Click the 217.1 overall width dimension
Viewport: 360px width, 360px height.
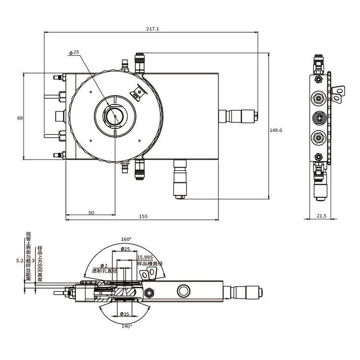[x=153, y=29]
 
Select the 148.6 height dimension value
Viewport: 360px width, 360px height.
[x=276, y=130]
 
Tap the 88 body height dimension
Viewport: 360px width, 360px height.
[x=20, y=118]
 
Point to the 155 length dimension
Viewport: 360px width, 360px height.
[x=143, y=216]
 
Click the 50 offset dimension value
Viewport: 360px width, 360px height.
[x=91, y=213]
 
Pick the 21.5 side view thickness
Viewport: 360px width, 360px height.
[x=322, y=216]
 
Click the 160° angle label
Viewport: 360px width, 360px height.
[x=126, y=239]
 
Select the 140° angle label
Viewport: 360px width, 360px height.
[x=127, y=326]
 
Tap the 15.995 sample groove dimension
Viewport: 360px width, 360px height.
[x=145, y=257]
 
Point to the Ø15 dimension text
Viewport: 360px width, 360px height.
[x=125, y=314]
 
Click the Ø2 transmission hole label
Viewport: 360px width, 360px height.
[x=104, y=265]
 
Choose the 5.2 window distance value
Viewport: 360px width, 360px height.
[x=20, y=261]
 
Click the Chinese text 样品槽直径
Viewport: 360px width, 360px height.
[x=150, y=264]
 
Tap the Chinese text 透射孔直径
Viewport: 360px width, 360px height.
[x=105, y=271]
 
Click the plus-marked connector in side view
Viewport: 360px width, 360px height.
[x=319, y=118]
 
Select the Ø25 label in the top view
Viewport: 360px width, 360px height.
[x=74, y=52]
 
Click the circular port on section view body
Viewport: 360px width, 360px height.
[x=183, y=291]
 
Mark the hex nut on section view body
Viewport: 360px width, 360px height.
[x=149, y=292]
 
